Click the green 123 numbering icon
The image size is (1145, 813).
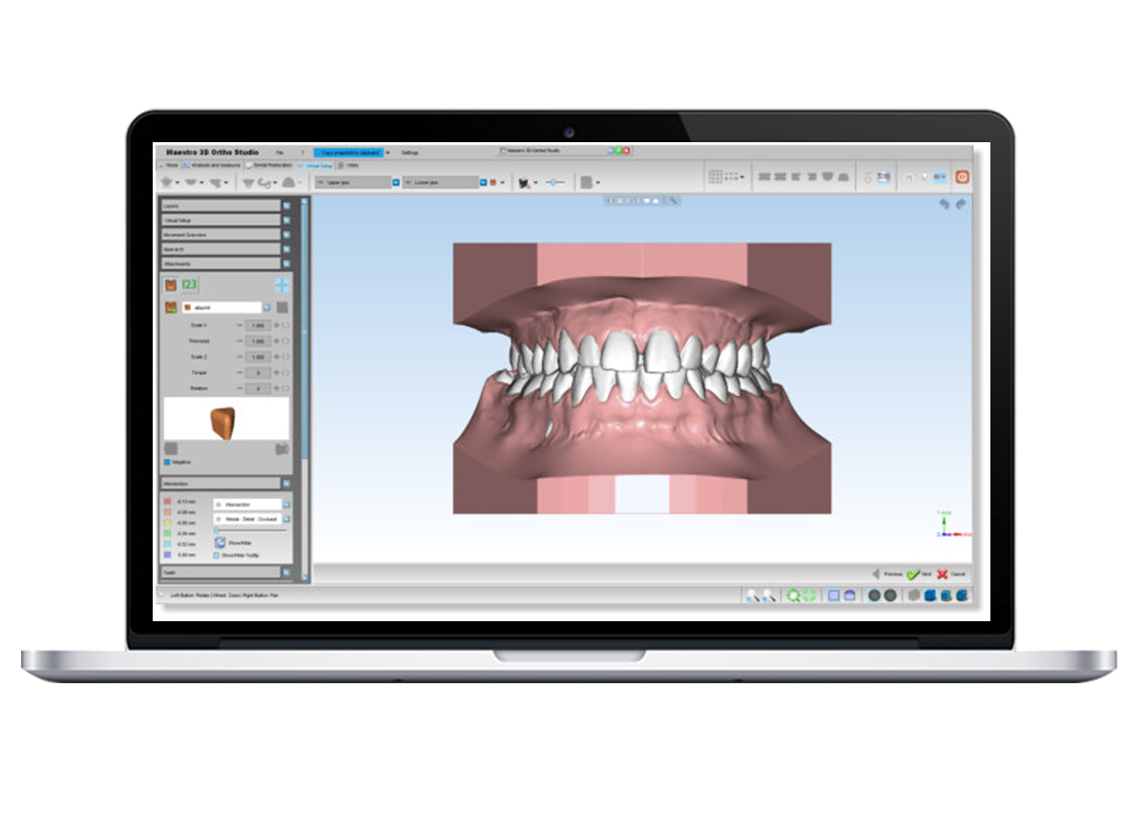pyautogui.click(x=189, y=284)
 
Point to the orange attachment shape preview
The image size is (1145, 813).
pyautogui.click(x=222, y=421)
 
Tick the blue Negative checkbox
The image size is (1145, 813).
pyautogui.click(x=168, y=462)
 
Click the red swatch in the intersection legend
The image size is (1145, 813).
pyautogui.click(x=168, y=501)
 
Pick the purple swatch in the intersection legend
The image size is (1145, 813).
pyautogui.click(x=168, y=553)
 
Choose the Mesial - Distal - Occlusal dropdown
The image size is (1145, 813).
pyautogui.click(x=247, y=519)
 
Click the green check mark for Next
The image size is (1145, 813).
pyautogui.click(x=913, y=574)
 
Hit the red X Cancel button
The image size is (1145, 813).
pyautogui.click(x=942, y=574)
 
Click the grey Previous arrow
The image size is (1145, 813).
pyautogui.click(x=875, y=574)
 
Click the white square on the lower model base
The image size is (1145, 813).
pyautogui.click(x=642, y=495)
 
